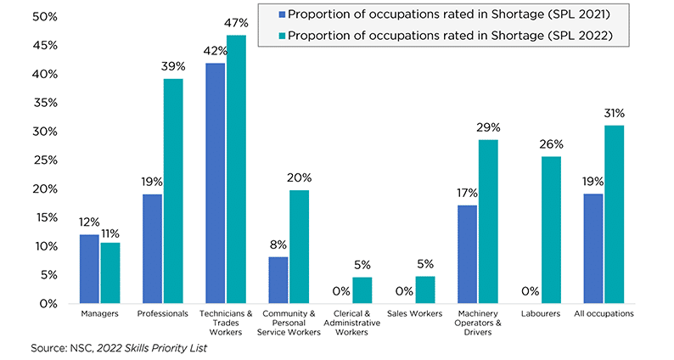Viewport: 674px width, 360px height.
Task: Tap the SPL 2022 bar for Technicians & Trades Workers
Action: pyautogui.click(x=236, y=169)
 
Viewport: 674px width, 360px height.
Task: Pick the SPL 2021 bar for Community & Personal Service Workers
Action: pyautogui.click(x=278, y=279)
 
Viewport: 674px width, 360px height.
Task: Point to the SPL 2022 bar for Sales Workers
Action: pyautogui.click(x=425, y=290)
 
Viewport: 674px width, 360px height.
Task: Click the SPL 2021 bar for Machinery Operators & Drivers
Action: pyautogui.click(x=467, y=254)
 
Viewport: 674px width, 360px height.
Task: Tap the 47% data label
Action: pyautogui.click(x=237, y=24)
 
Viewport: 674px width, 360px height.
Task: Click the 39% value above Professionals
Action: pyautogui.click(x=173, y=67)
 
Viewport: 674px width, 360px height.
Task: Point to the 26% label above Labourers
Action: pyautogui.click(x=551, y=145)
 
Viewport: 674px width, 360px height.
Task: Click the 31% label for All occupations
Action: pyautogui.click(x=615, y=113)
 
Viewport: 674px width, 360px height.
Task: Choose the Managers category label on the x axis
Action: pyautogui.click(x=99, y=313)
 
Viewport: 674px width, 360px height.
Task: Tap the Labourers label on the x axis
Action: pyautogui.click(x=541, y=313)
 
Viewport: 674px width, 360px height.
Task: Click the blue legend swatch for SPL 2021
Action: pyautogui.click(x=281, y=15)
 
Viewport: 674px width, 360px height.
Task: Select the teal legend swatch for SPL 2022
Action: pyautogui.click(x=281, y=36)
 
